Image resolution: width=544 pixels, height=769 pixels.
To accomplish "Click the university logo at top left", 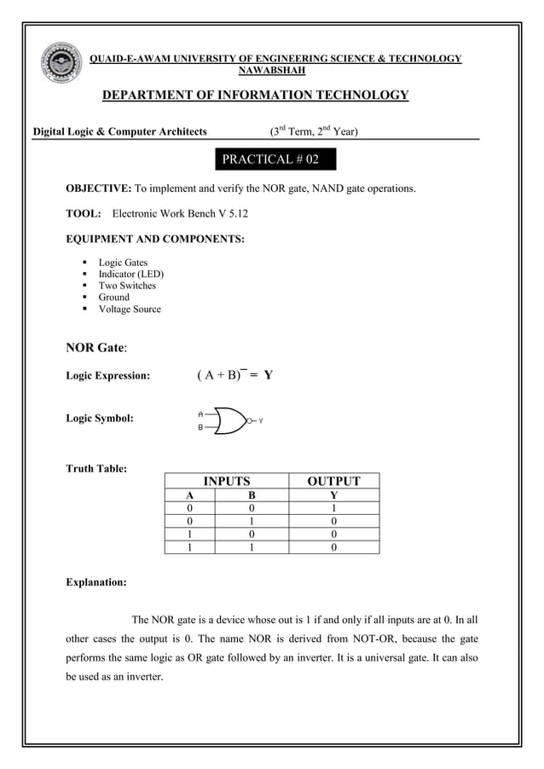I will tap(61, 66).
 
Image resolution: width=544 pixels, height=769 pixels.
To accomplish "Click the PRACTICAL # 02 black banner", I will tap(270, 159).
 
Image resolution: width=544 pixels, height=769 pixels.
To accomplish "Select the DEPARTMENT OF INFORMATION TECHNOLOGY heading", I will tap(255, 95).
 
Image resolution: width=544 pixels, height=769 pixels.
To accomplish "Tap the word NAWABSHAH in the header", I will tap(275, 71).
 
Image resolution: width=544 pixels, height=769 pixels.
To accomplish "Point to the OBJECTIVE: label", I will tap(98, 188).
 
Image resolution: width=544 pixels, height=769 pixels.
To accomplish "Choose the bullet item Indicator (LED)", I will tap(130, 275).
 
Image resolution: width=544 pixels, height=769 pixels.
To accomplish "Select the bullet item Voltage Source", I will tap(129, 309).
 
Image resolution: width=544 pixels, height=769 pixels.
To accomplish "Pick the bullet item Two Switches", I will tap(127, 286).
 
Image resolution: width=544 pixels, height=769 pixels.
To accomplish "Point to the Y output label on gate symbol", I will tap(261, 421).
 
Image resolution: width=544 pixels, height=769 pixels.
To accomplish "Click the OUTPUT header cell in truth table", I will tap(333, 482).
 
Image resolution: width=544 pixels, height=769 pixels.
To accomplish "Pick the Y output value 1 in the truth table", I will tap(333, 508).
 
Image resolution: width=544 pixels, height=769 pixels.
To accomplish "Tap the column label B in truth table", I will tap(251, 495).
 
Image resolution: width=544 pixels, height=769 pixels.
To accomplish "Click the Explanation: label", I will tap(96, 583).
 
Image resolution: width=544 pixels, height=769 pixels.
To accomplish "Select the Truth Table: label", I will tap(96, 468).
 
